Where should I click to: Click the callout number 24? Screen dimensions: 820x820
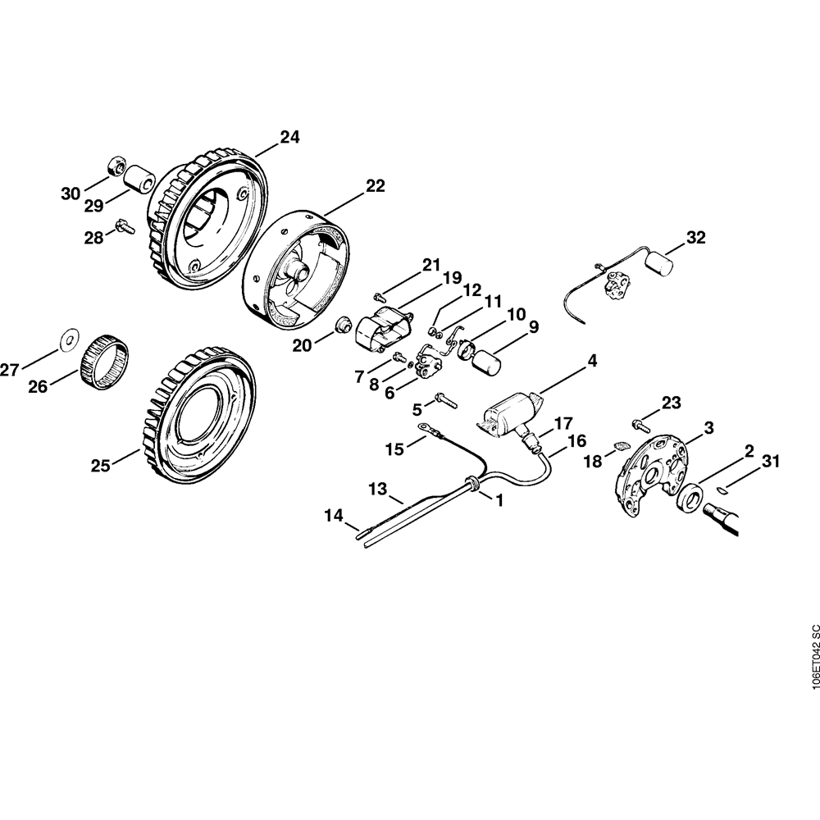(289, 138)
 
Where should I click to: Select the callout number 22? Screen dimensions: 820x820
(375, 186)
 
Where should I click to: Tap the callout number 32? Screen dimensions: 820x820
(695, 239)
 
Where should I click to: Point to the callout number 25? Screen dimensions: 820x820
(101, 466)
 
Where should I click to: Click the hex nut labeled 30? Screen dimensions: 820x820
(116, 168)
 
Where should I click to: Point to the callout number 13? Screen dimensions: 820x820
(377, 490)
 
